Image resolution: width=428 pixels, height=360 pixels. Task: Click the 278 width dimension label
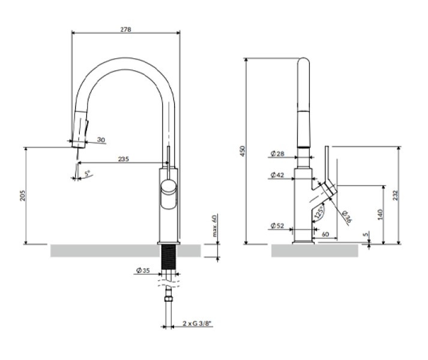coord(125,28)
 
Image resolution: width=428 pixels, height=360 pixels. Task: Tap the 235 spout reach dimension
coord(124,159)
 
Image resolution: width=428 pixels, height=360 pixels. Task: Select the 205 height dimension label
coord(22,196)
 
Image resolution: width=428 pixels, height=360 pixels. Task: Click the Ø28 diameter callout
coord(277,154)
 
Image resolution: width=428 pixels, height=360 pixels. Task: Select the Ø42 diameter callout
coord(277,176)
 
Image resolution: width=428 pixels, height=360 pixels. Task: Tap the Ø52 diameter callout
coord(277,226)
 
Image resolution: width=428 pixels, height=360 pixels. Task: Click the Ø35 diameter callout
coord(143,271)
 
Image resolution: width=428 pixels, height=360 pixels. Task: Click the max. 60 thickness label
coord(214,226)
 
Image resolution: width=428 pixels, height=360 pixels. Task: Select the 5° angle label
coord(86,173)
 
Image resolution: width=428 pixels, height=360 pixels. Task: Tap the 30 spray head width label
coord(100,140)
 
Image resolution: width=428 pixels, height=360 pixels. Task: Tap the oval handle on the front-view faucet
coord(169,196)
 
